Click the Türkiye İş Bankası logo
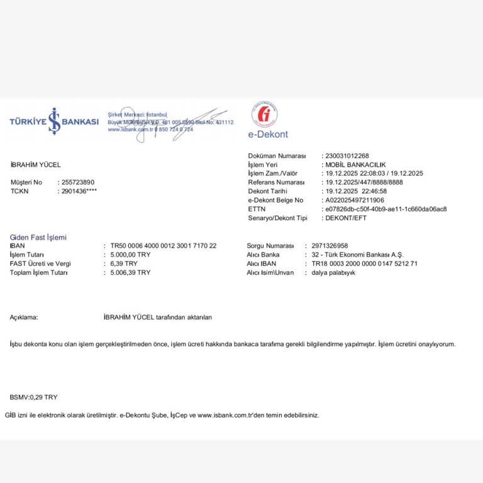tap(54, 121)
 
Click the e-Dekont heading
tap(268, 135)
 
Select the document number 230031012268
tap(347, 155)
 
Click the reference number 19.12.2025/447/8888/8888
tap(364, 182)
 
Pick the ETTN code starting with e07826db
tap(386, 209)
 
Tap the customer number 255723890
tap(78, 182)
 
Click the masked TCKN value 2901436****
tap(79, 191)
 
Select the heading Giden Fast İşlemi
tap(38, 237)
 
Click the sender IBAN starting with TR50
tap(164, 246)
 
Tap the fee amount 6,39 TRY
tap(124, 264)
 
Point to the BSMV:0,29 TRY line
tap(33, 397)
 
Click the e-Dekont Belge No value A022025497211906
tap(355, 200)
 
